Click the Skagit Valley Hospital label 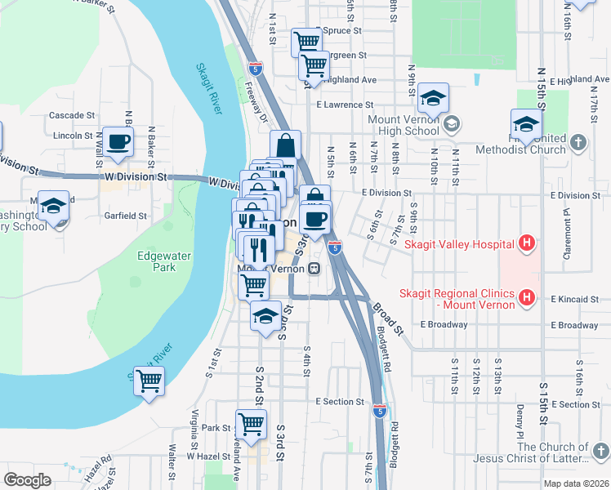[468, 244]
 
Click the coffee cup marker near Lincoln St [118, 141]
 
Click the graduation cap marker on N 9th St [433, 98]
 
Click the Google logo [27, 480]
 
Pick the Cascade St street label [72, 116]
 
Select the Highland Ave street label [349, 80]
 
